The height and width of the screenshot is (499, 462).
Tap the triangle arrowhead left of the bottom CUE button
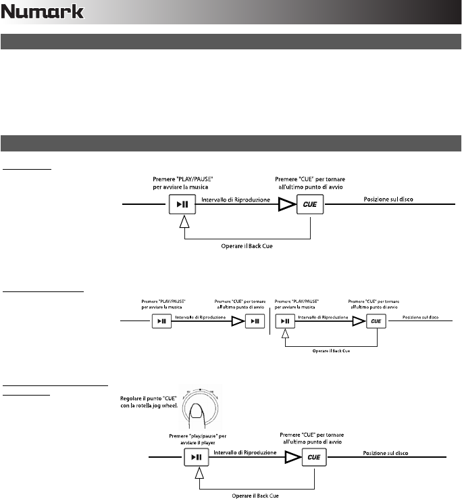click(x=292, y=458)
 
